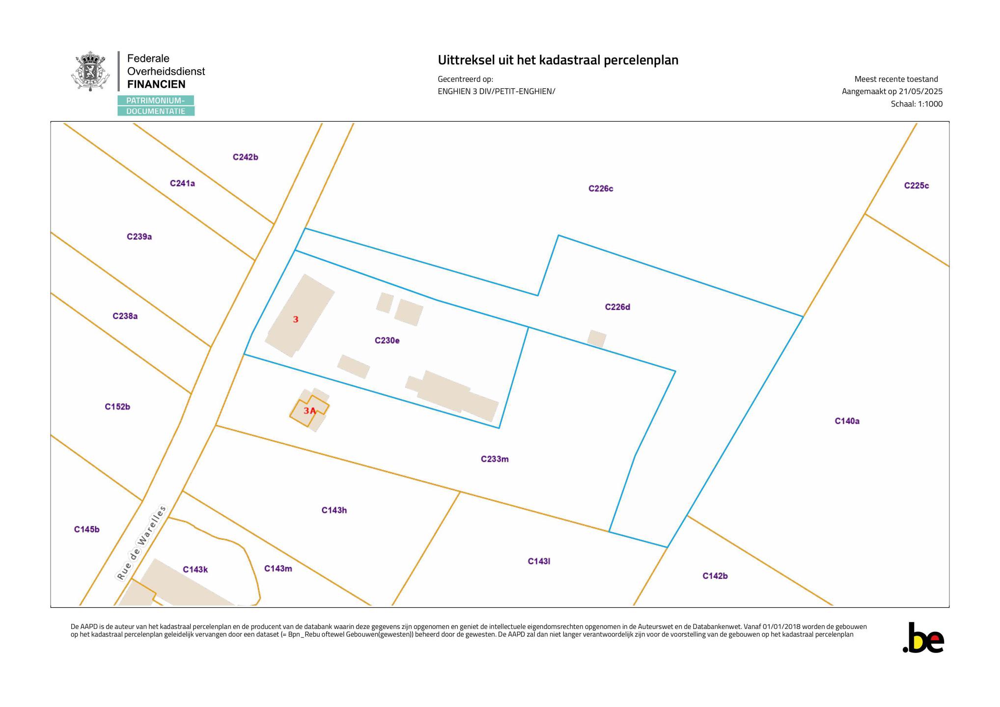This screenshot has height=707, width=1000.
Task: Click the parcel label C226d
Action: point(617,307)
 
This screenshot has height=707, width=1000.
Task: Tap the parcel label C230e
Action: point(387,341)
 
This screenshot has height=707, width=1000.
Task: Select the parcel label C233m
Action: point(495,460)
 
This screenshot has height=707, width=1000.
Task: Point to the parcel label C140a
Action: point(847,421)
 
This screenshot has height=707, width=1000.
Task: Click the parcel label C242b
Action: point(246,158)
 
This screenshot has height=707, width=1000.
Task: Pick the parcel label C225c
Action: point(917,186)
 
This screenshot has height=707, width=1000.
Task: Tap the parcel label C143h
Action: point(334,511)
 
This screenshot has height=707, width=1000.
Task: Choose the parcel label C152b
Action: point(117,407)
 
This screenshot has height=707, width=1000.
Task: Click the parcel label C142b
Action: point(715,576)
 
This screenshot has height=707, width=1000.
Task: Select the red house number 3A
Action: point(309,411)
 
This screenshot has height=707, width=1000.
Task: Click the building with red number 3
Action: point(300,316)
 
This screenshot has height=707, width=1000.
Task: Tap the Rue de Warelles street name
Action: point(141,543)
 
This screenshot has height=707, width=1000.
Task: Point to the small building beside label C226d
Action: point(597,339)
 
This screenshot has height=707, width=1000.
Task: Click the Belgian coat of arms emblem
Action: point(90,72)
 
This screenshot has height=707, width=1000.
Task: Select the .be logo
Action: point(923,638)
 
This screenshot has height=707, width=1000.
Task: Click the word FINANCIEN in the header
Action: point(156,84)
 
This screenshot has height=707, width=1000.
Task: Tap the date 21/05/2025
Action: point(921,92)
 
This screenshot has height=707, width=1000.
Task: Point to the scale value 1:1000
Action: point(930,104)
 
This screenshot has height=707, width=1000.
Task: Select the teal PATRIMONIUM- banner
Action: point(156,101)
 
